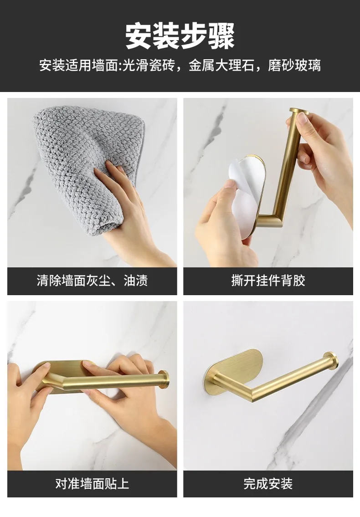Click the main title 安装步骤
pos(180,36)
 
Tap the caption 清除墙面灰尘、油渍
pos(92,281)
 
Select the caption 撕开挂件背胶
pos(268,281)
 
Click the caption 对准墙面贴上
pos(92,484)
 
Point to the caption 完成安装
pos(268,484)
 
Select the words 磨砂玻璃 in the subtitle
pos(294,65)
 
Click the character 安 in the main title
pos(139,36)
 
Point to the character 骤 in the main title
pos(222,36)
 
